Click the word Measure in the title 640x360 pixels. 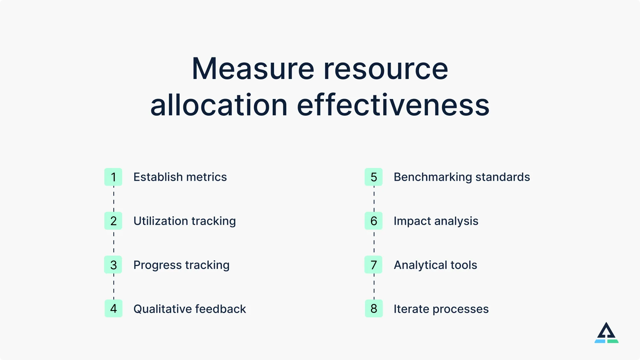pyautogui.click(x=253, y=69)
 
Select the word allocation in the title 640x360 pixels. pyautogui.click(x=219, y=105)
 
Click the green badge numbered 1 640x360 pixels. pyautogui.click(x=113, y=177)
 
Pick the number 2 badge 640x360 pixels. pyautogui.click(x=113, y=221)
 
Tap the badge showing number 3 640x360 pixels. pyautogui.click(x=113, y=265)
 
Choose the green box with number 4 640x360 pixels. pyautogui.click(x=113, y=309)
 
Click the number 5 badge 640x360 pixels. pyautogui.click(x=374, y=177)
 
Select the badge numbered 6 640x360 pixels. pyautogui.click(x=374, y=221)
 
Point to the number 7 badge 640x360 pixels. pyautogui.click(x=374, y=265)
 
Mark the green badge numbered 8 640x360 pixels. pyautogui.click(x=374, y=309)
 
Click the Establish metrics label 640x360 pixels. pyautogui.click(x=180, y=177)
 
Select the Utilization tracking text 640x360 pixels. pyautogui.click(x=184, y=221)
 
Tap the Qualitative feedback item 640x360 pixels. pyautogui.click(x=189, y=309)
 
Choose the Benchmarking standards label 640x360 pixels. pyautogui.click(x=462, y=177)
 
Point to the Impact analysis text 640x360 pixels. pyautogui.click(x=436, y=221)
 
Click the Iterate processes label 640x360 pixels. pyautogui.click(x=441, y=309)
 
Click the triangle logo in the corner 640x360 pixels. pyautogui.click(x=606, y=333)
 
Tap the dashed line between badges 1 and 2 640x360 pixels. pyautogui.click(x=114, y=199)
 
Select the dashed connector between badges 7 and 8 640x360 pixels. pyautogui.click(x=374, y=287)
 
